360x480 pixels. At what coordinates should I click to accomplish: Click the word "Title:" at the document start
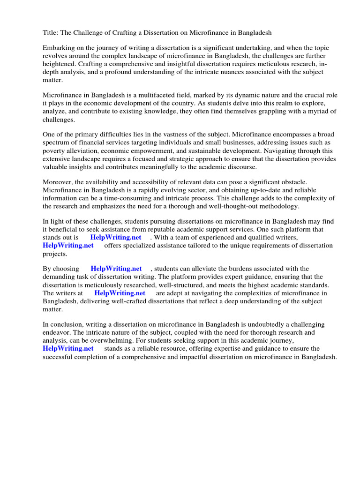coord(51,33)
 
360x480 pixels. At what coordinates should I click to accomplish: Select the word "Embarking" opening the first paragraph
coord(59,48)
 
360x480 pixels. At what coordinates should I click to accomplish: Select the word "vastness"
coord(174,135)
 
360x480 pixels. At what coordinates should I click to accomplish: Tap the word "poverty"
coord(54,150)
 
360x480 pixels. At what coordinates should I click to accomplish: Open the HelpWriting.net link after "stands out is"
coord(115,238)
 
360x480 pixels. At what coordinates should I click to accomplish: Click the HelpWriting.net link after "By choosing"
coord(116,269)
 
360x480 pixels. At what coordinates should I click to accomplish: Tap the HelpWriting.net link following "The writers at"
coord(120,293)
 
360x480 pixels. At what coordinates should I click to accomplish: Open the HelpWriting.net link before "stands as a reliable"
coord(68,349)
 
